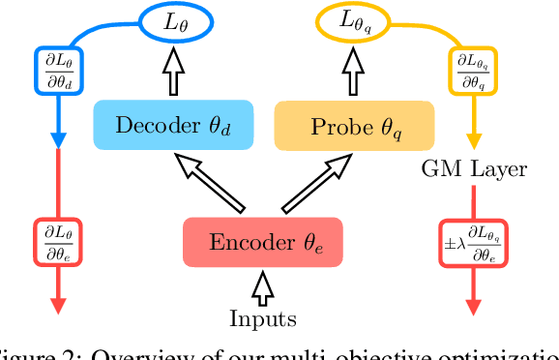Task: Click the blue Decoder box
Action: click(x=173, y=125)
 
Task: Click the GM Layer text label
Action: click(x=474, y=170)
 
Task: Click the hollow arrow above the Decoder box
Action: click(x=175, y=72)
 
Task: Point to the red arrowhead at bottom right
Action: click(x=474, y=307)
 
